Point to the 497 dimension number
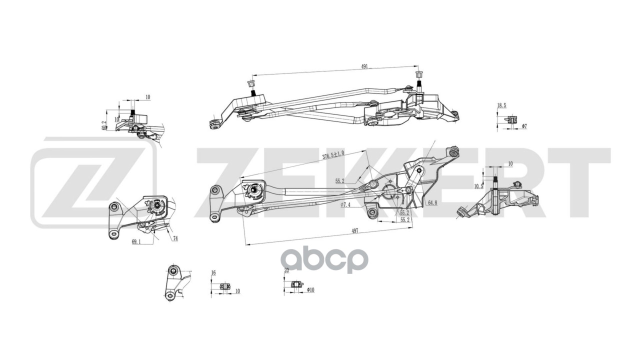[x=354, y=230]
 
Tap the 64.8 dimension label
[x=433, y=202]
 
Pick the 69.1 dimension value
[x=136, y=241]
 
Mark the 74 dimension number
[x=175, y=238]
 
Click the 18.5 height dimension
[x=501, y=105]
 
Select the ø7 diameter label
[x=524, y=127]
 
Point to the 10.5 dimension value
[x=478, y=186]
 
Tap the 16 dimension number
[x=213, y=272]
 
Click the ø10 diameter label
[x=310, y=290]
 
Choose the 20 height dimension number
[x=286, y=270]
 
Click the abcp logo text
[x=324, y=260]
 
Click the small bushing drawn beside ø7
[x=511, y=119]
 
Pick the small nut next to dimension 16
[x=224, y=286]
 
